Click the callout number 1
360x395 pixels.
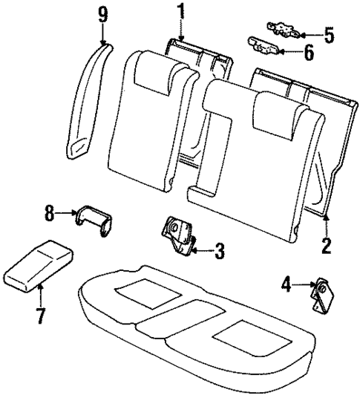coord(179,13)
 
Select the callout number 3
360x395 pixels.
coord(218,252)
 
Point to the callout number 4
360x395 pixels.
coord(287,283)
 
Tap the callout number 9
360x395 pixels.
coord(101,13)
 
